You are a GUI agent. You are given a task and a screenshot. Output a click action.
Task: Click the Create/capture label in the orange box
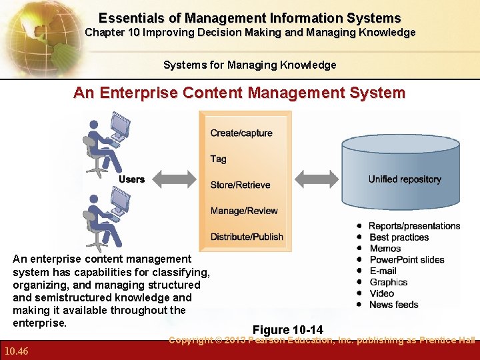pos(241,133)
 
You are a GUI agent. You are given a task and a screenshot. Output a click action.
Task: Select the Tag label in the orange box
pos(219,159)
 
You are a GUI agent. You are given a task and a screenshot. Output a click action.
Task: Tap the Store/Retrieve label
pos(241,185)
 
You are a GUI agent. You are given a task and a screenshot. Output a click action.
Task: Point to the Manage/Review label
pos(244,211)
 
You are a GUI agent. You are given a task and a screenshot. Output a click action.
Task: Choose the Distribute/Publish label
pos(247,237)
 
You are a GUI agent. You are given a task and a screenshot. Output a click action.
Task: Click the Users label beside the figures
pos(131,179)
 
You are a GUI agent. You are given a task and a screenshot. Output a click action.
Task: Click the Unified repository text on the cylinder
pos(405,179)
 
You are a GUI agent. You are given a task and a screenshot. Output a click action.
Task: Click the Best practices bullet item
pos(399,237)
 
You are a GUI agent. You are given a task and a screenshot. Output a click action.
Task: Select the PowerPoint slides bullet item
pos(407,260)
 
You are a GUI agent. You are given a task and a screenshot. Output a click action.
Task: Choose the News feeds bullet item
pos(393,305)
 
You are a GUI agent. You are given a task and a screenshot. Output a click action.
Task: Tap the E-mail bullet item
pos(383,271)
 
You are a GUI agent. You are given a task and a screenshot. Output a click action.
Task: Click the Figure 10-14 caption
pos(288,330)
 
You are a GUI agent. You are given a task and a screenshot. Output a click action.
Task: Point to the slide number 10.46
pos(15,351)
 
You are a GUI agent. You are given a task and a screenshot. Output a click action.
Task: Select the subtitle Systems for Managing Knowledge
pos(250,65)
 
